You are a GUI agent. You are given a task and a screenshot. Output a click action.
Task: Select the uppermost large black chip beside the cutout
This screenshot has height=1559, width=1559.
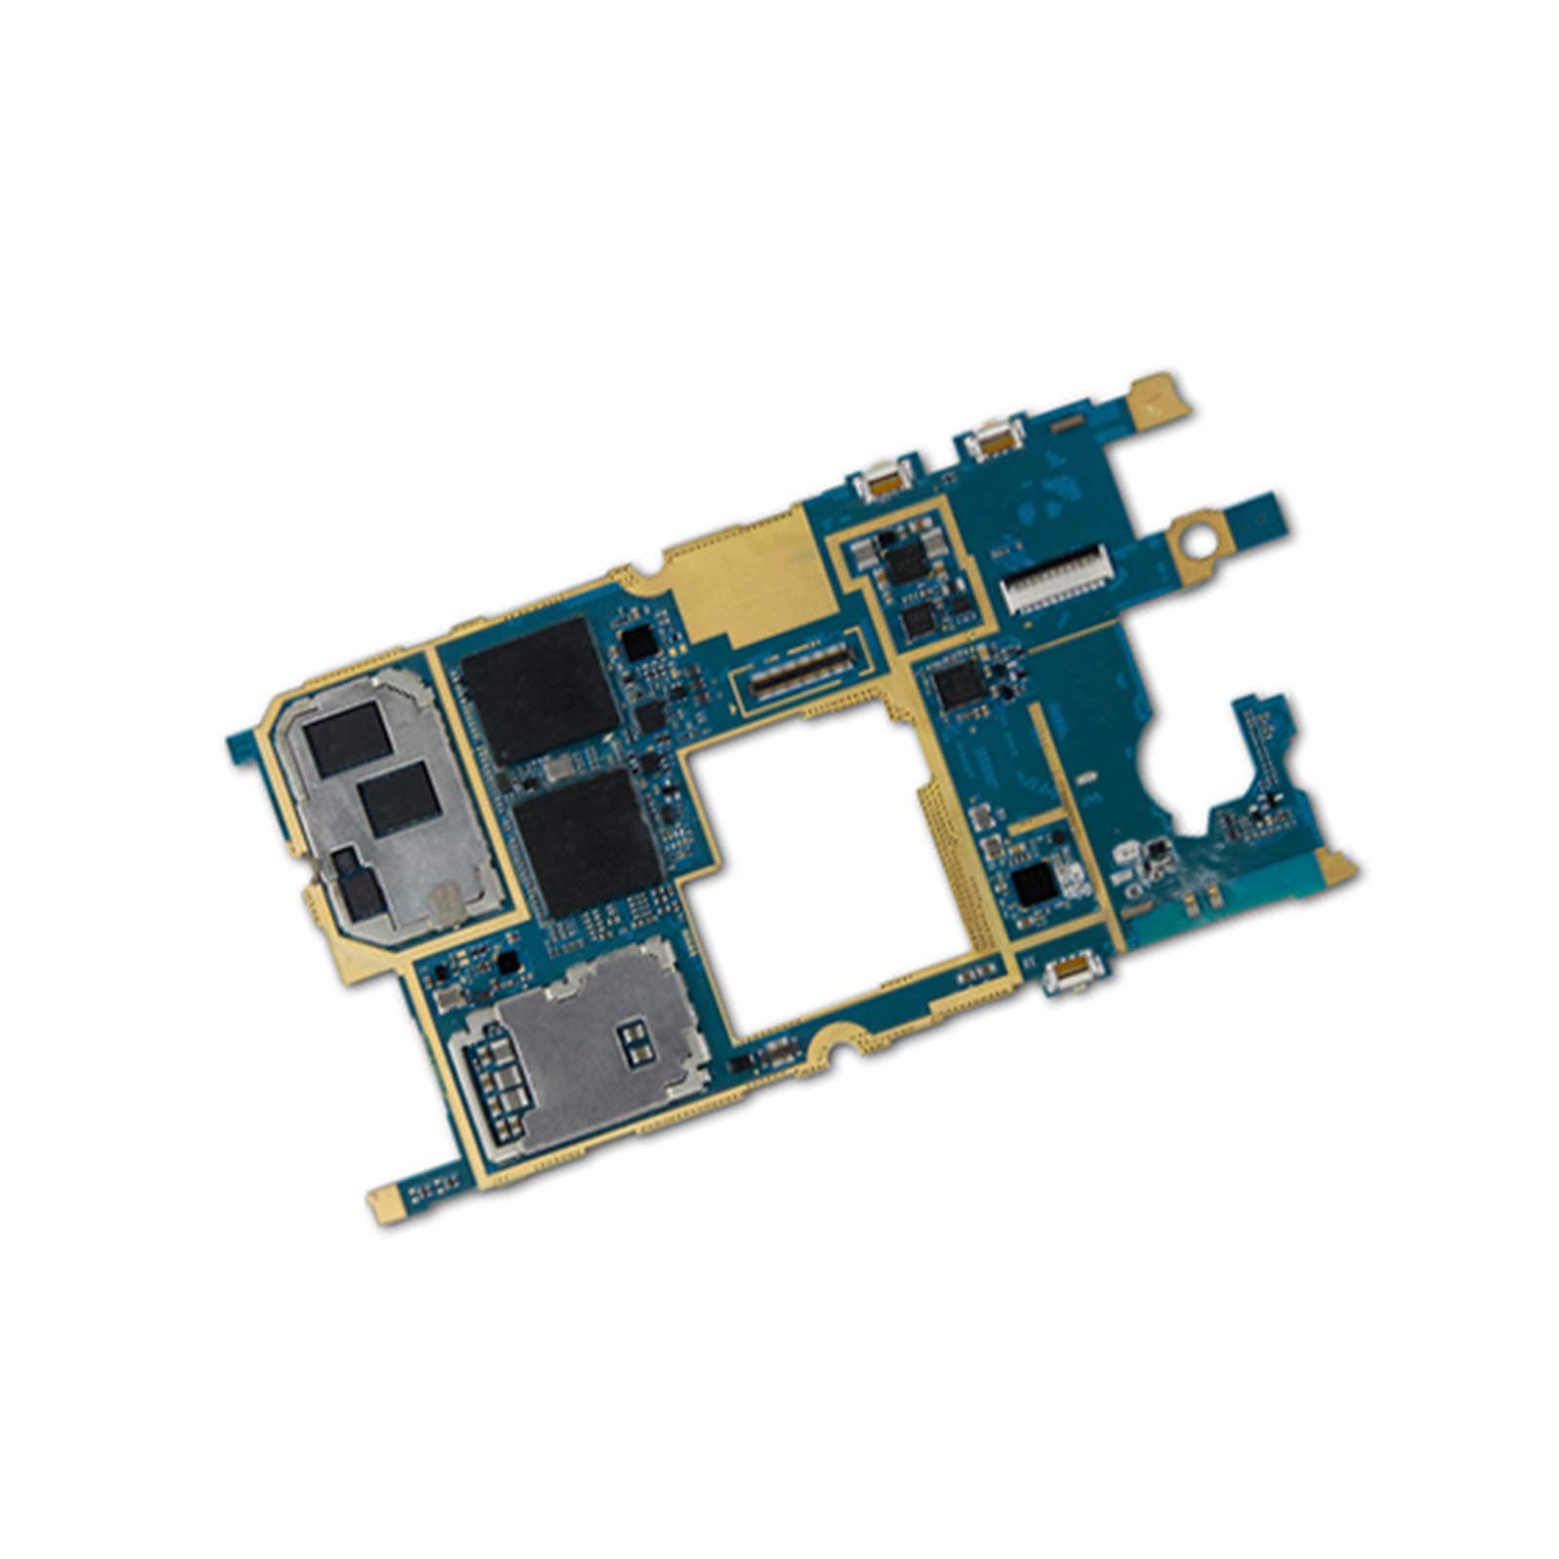[x=539, y=690]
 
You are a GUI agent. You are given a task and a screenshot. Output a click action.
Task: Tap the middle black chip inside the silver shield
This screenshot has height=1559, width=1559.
[x=399, y=797]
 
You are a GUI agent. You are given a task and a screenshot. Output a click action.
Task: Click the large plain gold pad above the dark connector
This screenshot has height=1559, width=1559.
[x=750, y=585]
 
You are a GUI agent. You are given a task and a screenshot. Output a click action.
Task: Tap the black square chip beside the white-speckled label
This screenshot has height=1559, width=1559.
[x=1034, y=884]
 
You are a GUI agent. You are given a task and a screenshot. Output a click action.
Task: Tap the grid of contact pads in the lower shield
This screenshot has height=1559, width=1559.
[x=498, y=1091]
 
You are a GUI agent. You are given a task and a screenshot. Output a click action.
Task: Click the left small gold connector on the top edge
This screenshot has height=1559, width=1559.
[x=883, y=480]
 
